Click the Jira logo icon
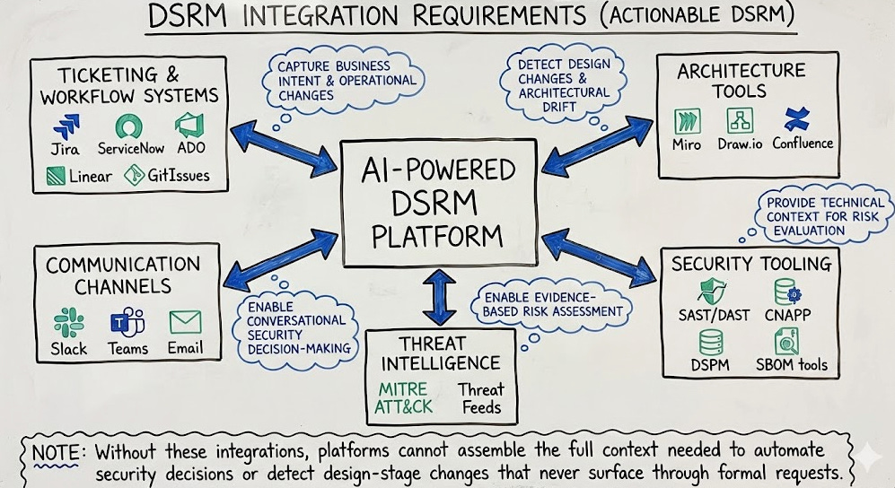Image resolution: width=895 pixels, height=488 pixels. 66,126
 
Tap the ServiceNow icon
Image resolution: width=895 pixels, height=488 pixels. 130,125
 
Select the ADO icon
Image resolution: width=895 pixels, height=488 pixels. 189,125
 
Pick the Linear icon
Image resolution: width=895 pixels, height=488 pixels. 57,175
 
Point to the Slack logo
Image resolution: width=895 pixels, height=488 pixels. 68,322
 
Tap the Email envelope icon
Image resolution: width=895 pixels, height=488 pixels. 185,322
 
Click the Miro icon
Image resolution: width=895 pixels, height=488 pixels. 688,119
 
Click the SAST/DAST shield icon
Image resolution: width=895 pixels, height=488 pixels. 713,292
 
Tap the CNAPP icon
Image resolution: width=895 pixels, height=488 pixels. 787,292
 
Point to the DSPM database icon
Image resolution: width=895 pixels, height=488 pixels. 711,341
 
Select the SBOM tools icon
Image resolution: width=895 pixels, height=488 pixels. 787,341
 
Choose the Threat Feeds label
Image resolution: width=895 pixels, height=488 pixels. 481,398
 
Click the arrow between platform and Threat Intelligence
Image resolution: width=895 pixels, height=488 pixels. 439,297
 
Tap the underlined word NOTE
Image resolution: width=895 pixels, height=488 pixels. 56,450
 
